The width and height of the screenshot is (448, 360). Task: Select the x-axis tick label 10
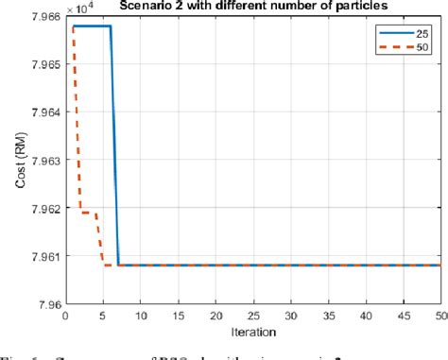140,316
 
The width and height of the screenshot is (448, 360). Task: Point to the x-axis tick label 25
252,316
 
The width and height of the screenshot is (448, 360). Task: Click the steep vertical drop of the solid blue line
114,142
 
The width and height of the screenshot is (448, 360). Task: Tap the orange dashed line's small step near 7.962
88,213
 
